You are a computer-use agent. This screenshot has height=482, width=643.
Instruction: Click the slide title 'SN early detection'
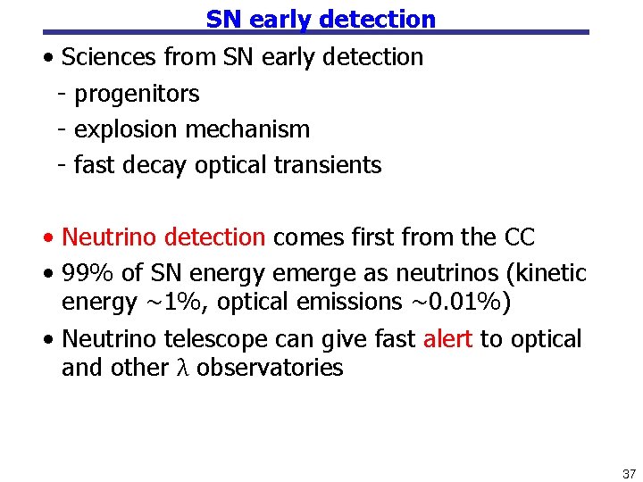tap(321, 19)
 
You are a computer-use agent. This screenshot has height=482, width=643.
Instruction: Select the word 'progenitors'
tap(137, 94)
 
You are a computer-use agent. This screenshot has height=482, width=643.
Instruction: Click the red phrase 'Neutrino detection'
tap(163, 237)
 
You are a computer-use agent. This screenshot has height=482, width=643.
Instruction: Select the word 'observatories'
tap(270, 368)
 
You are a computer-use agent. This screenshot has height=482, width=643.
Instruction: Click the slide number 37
tap(628, 473)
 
